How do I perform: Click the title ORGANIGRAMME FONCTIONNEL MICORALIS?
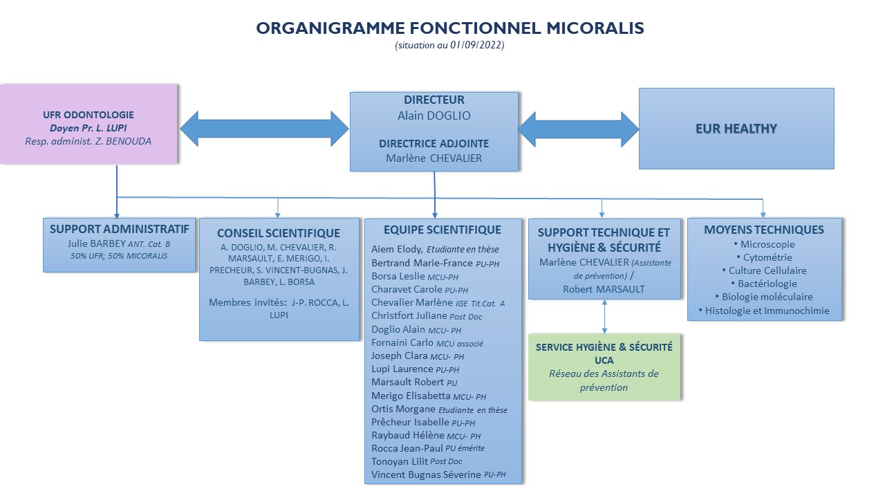[449, 28]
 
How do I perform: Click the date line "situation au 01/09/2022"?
[449, 46]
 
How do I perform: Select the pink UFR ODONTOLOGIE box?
[89, 124]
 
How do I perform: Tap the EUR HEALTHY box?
[736, 129]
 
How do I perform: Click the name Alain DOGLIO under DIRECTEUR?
[434, 116]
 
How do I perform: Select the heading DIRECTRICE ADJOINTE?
[434, 144]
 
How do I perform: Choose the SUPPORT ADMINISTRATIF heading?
[120, 228]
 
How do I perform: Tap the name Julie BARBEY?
[96, 243]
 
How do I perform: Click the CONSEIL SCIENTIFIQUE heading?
[279, 233]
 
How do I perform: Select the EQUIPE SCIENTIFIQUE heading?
[442, 230]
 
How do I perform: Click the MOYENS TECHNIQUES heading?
[764, 230]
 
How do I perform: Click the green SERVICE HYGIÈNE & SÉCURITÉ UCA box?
[604, 367]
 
